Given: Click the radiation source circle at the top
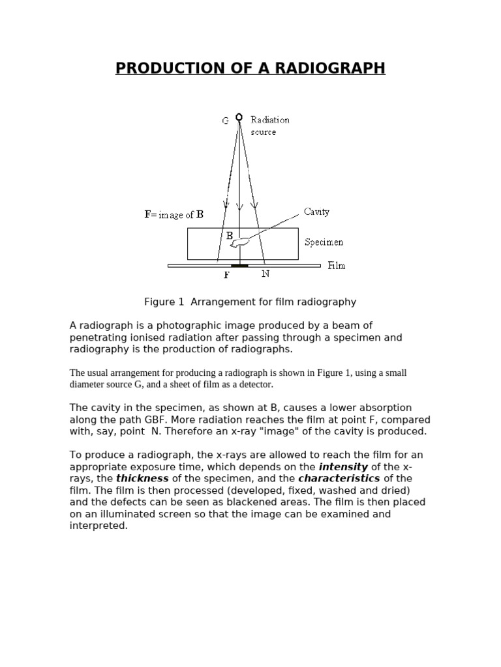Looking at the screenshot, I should click(239, 118).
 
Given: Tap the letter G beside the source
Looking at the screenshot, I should click(225, 121).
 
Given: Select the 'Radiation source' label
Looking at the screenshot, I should click(269, 126).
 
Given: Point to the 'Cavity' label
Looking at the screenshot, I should click(317, 212).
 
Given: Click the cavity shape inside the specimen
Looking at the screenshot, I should click(241, 242).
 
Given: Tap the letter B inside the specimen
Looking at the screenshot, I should click(230, 236).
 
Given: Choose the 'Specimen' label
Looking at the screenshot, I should click(324, 242).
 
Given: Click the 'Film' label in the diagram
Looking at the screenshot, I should click(337, 265).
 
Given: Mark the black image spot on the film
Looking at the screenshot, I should click(239, 266).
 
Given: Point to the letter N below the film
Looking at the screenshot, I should click(266, 274).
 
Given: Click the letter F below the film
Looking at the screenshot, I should click(227, 275).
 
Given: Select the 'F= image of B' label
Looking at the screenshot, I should click(174, 214).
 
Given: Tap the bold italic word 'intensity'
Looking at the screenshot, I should click(343, 467).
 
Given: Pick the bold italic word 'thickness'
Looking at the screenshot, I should click(142, 479).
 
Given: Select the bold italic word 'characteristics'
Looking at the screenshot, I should click(339, 479).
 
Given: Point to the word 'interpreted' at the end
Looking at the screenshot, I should click(98, 526).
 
